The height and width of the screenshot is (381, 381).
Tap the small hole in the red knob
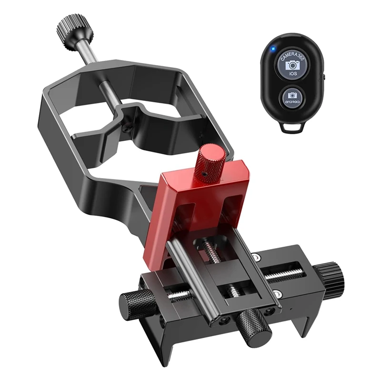(x=203, y=175)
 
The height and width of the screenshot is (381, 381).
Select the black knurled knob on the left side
(x=132, y=302)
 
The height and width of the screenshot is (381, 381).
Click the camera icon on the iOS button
(x=292, y=65)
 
